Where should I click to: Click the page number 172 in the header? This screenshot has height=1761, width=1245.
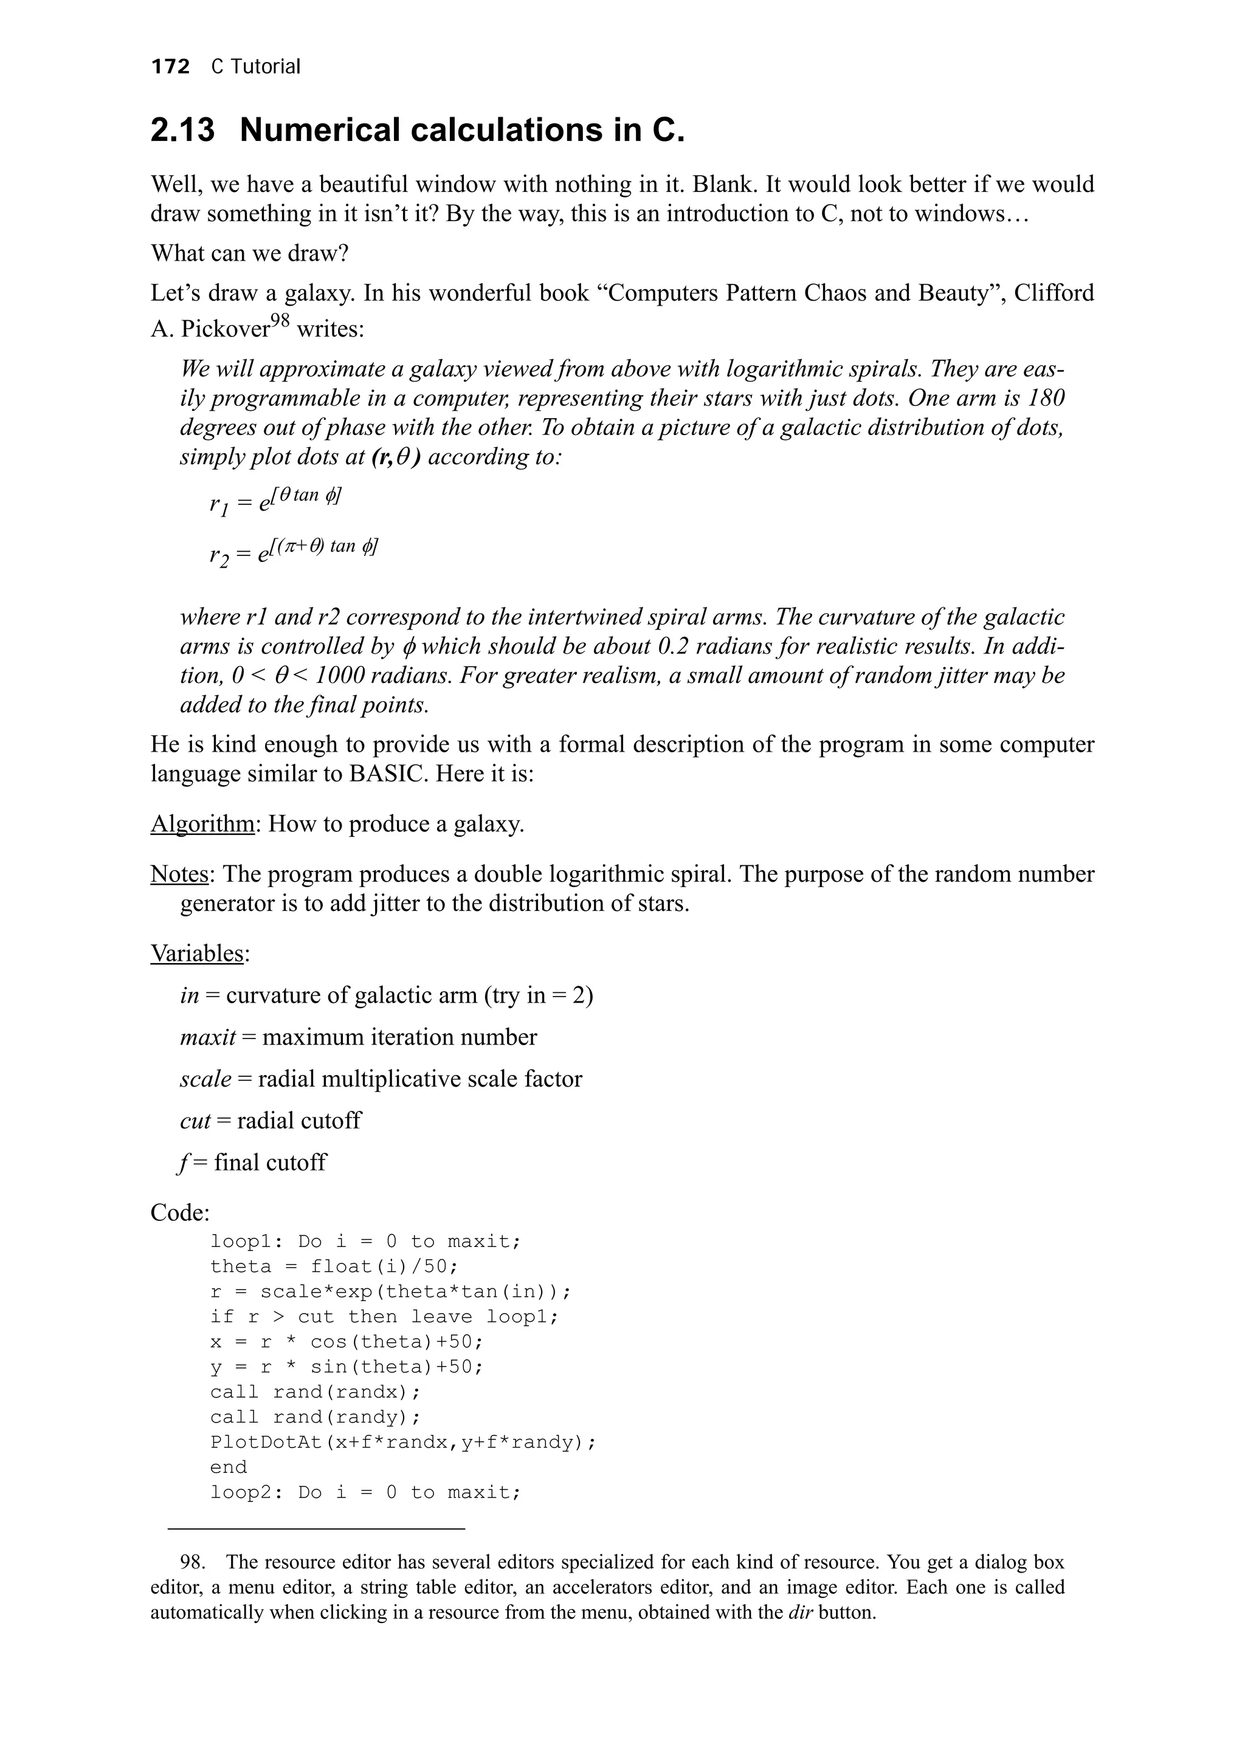click(170, 67)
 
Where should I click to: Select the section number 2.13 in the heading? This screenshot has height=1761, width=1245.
click(182, 131)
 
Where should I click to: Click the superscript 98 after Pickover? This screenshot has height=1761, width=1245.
click(281, 320)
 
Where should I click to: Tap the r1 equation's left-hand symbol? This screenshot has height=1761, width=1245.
click(218, 505)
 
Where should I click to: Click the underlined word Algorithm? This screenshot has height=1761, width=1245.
click(202, 825)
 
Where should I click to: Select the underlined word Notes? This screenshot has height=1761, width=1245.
click(179, 874)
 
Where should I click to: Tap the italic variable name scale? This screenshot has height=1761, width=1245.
click(205, 1079)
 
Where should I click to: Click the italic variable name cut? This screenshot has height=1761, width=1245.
click(195, 1121)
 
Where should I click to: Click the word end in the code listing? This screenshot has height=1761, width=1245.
click(229, 1467)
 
